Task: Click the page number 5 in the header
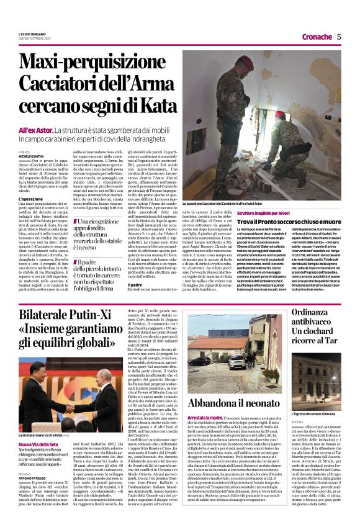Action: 340,37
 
